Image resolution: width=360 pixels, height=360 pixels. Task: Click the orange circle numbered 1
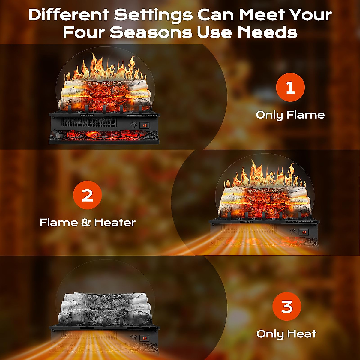pos(290,87)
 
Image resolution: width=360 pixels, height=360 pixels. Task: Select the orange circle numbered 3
pos(287,306)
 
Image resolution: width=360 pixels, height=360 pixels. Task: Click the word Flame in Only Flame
pos(305,115)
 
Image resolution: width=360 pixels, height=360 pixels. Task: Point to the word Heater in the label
pos(115,222)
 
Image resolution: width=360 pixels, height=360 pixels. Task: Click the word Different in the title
pos(69,15)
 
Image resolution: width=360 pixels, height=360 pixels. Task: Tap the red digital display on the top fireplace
pos(145,125)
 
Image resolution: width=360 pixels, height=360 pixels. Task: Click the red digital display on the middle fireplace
pos(304,232)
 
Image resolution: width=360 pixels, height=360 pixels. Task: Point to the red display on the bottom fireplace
pos(145,338)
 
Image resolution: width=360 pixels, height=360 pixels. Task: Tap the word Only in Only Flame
pos(269,115)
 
